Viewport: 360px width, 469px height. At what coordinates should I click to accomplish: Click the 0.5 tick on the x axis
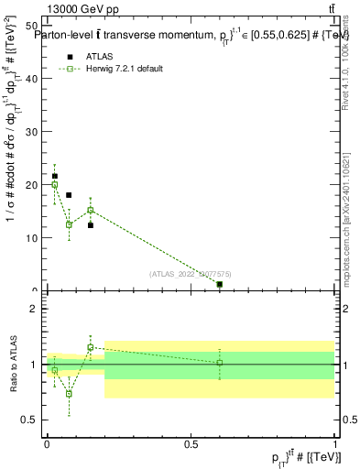click(191, 443)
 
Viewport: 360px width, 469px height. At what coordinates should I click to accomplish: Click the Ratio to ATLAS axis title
click(13, 365)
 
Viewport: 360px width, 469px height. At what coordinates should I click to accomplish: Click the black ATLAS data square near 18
click(69, 195)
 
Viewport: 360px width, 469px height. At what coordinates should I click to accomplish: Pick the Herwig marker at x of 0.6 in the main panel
click(220, 285)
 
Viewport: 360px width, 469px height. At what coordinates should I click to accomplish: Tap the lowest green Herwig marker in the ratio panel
click(69, 394)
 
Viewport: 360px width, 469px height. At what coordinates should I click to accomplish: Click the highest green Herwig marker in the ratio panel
click(91, 347)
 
